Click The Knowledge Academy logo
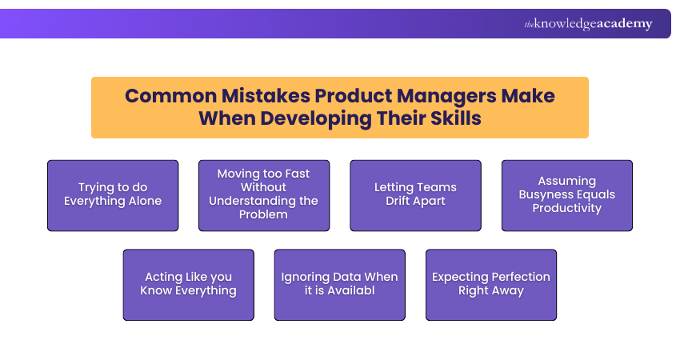point(588,24)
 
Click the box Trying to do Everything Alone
point(113,195)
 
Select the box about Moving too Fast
point(264,195)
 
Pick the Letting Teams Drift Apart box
point(415,195)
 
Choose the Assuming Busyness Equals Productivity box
point(566,195)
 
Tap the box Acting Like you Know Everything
point(188,285)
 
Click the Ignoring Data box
point(339,285)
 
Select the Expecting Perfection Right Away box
point(490,285)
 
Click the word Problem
point(263,215)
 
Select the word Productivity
point(566,208)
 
